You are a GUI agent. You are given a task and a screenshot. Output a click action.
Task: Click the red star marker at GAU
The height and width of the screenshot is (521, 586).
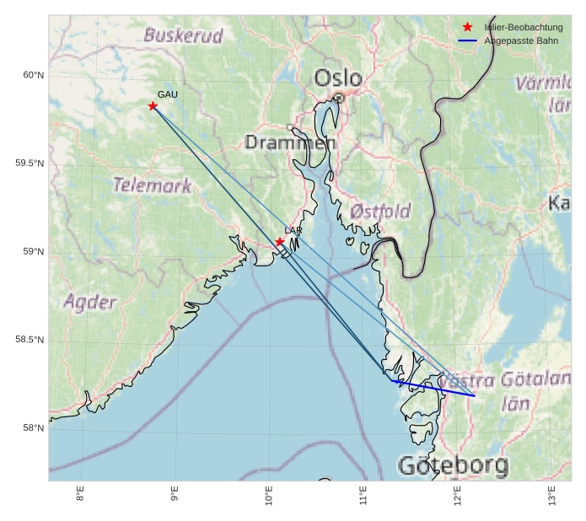click(153, 106)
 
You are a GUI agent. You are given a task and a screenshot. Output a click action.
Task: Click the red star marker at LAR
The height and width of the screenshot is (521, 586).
click(279, 242)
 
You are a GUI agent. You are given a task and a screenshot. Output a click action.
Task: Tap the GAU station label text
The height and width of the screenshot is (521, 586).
click(167, 94)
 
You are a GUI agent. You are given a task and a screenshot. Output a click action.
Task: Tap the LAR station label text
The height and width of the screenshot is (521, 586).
click(293, 230)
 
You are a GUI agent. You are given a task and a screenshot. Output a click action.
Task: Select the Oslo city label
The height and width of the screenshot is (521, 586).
click(338, 78)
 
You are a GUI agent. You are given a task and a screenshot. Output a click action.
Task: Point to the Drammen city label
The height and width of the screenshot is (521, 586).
click(290, 142)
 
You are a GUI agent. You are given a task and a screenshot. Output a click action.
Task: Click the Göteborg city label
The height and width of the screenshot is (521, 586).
click(453, 465)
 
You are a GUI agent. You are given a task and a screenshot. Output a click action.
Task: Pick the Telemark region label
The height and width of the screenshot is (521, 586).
click(152, 185)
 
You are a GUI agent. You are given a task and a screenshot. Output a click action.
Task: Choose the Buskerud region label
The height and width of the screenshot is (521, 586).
click(183, 35)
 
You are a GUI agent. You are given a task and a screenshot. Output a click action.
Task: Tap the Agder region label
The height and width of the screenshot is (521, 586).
click(89, 302)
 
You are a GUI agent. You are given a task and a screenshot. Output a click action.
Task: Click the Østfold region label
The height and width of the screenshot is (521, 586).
click(380, 211)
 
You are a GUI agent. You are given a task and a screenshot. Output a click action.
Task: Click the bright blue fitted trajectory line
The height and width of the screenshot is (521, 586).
click(434, 389)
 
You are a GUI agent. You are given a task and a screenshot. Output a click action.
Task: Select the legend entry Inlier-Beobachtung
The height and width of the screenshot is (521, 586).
click(523, 28)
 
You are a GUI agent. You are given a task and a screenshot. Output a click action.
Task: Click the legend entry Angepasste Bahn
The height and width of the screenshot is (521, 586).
click(520, 40)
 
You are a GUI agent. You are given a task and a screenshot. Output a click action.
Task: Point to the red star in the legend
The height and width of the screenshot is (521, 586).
click(467, 28)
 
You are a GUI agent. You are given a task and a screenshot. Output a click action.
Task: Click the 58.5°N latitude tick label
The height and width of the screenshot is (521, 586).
click(30, 340)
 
